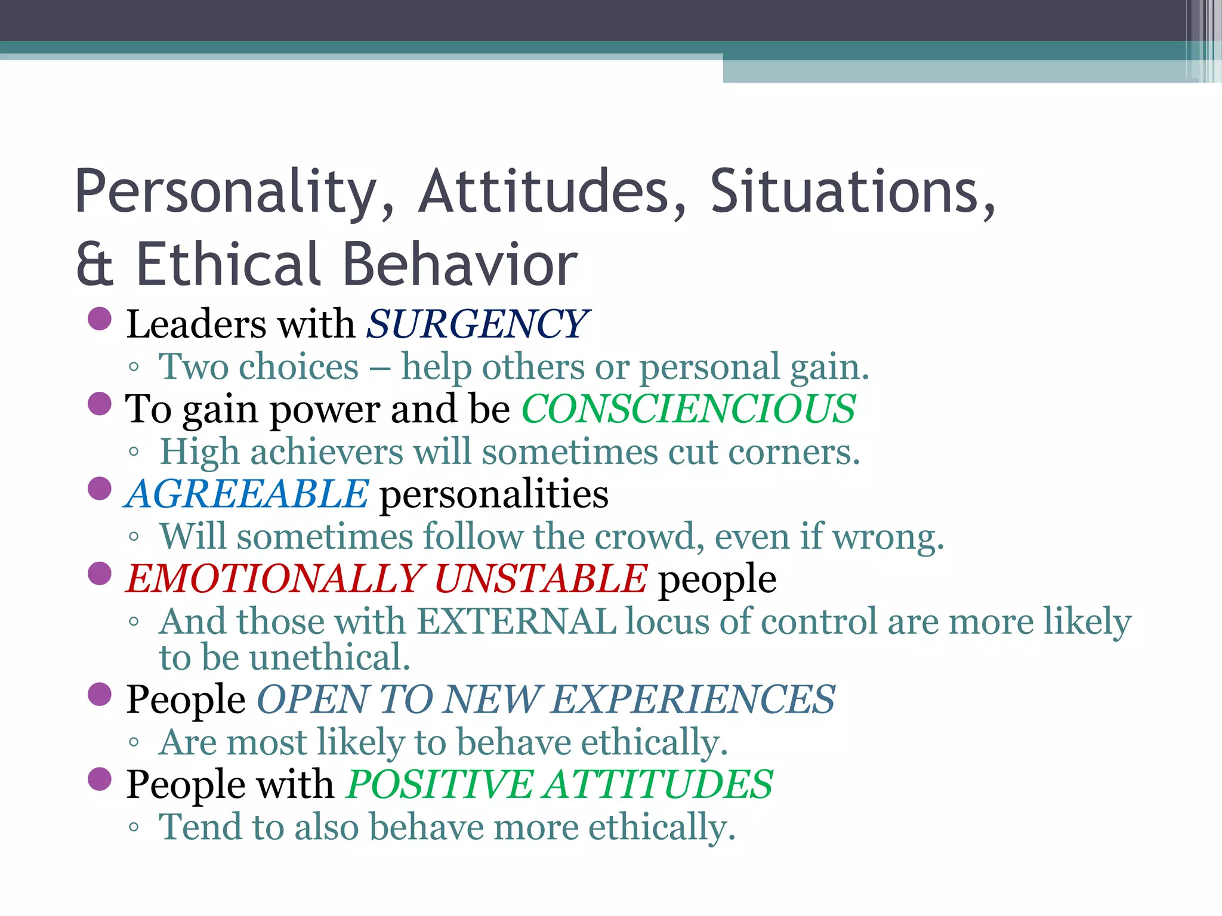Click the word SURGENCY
[x=477, y=324]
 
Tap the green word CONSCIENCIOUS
[x=689, y=409]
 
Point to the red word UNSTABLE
[x=541, y=579]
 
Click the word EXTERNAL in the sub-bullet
[x=516, y=621]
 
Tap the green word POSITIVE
[x=440, y=784]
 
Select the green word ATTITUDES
[x=659, y=784]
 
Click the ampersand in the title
[x=94, y=264]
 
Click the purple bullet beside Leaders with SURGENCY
[x=100, y=318]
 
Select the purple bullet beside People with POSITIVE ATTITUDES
[x=100, y=779]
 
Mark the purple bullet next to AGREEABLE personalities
[x=100, y=488]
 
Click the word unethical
[x=329, y=657]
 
